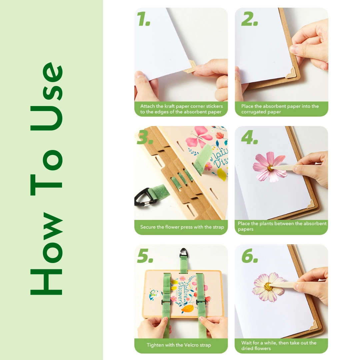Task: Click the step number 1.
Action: point(144,20)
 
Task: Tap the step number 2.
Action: point(249,20)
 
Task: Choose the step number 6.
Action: point(250,256)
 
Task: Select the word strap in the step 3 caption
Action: point(217,227)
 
